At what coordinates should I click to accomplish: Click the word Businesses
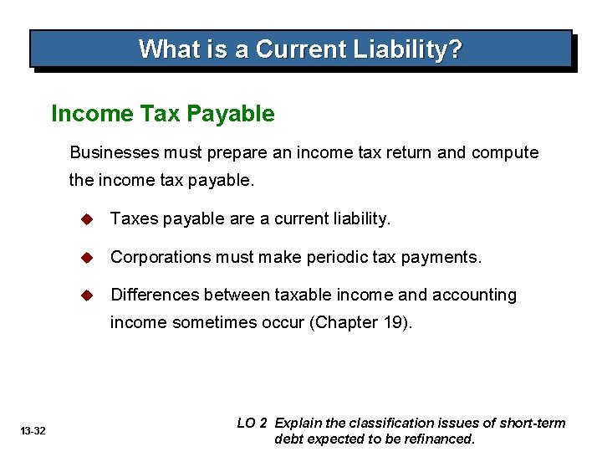coord(110,152)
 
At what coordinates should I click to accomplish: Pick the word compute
coord(505,152)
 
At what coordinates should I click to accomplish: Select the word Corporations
coord(161,257)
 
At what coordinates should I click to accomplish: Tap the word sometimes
coord(207,323)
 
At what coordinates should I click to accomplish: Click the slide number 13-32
coord(35,430)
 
